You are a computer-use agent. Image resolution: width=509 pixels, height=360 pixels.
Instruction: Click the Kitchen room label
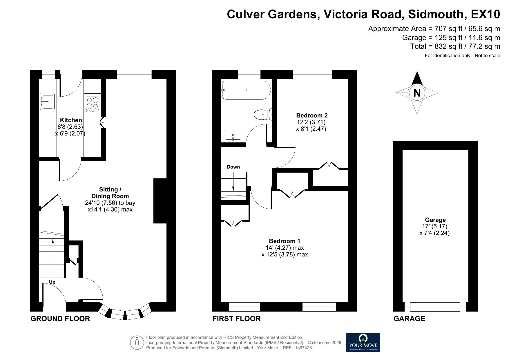click(71, 120)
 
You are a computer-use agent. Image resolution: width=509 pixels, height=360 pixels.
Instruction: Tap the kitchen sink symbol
click(47, 101)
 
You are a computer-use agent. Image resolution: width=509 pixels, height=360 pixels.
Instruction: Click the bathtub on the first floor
click(246, 90)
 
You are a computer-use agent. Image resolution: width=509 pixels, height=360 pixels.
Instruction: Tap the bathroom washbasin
click(233, 136)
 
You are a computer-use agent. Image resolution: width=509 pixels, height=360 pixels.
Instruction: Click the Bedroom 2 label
click(311, 115)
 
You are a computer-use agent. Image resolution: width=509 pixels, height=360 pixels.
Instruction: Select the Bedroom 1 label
click(284, 241)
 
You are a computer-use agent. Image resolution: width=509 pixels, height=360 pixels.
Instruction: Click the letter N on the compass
click(417, 93)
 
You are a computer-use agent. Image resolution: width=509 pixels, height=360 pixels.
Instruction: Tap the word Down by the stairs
click(233, 167)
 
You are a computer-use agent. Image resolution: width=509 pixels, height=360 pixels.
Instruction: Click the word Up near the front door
click(52, 282)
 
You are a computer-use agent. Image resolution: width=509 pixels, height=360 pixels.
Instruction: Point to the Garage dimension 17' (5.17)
click(435, 226)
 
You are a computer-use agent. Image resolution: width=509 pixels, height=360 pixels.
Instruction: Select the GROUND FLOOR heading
click(60, 319)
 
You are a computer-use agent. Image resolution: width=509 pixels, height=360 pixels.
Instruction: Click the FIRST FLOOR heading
click(236, 319)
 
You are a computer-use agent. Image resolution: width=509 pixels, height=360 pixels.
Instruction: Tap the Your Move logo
click(363, 342)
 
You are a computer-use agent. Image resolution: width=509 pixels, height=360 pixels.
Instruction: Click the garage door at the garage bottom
click(435, 307)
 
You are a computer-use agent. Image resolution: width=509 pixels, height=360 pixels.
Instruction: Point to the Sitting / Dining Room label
click(110, 193)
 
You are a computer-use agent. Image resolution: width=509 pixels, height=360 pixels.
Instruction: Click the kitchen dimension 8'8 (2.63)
click(70, 127)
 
